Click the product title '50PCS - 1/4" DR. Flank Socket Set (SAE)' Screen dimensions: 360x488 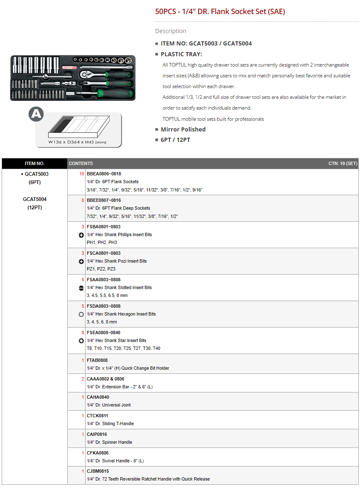point(220,12)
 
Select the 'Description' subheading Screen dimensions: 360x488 point(171,31)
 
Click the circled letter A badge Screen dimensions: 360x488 point(36,114)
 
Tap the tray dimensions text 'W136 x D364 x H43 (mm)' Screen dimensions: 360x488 point(77,142)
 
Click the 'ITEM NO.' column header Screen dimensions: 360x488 point(35,163)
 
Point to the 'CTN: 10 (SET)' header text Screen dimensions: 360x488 point(343,163)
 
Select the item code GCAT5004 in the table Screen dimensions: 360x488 point(35,199)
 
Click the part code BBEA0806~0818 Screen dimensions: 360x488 point(104,174)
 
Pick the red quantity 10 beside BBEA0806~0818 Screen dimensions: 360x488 point(81,174)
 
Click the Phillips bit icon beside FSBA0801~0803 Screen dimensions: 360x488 point(81,235)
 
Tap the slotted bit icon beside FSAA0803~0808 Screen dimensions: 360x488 point(81,288)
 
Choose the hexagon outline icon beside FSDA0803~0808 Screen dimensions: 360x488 point(81,314)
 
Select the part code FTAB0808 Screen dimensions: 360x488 point(97,360)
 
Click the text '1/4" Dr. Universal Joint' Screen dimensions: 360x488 point(109,405)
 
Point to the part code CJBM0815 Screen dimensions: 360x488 point(98,471)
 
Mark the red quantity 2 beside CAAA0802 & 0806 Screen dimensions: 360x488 point(83,379)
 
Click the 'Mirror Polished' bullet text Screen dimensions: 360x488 point(183,129)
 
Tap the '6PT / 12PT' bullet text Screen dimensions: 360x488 point(175,140)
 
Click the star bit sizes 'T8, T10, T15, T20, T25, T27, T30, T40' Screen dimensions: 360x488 point(124,348)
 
